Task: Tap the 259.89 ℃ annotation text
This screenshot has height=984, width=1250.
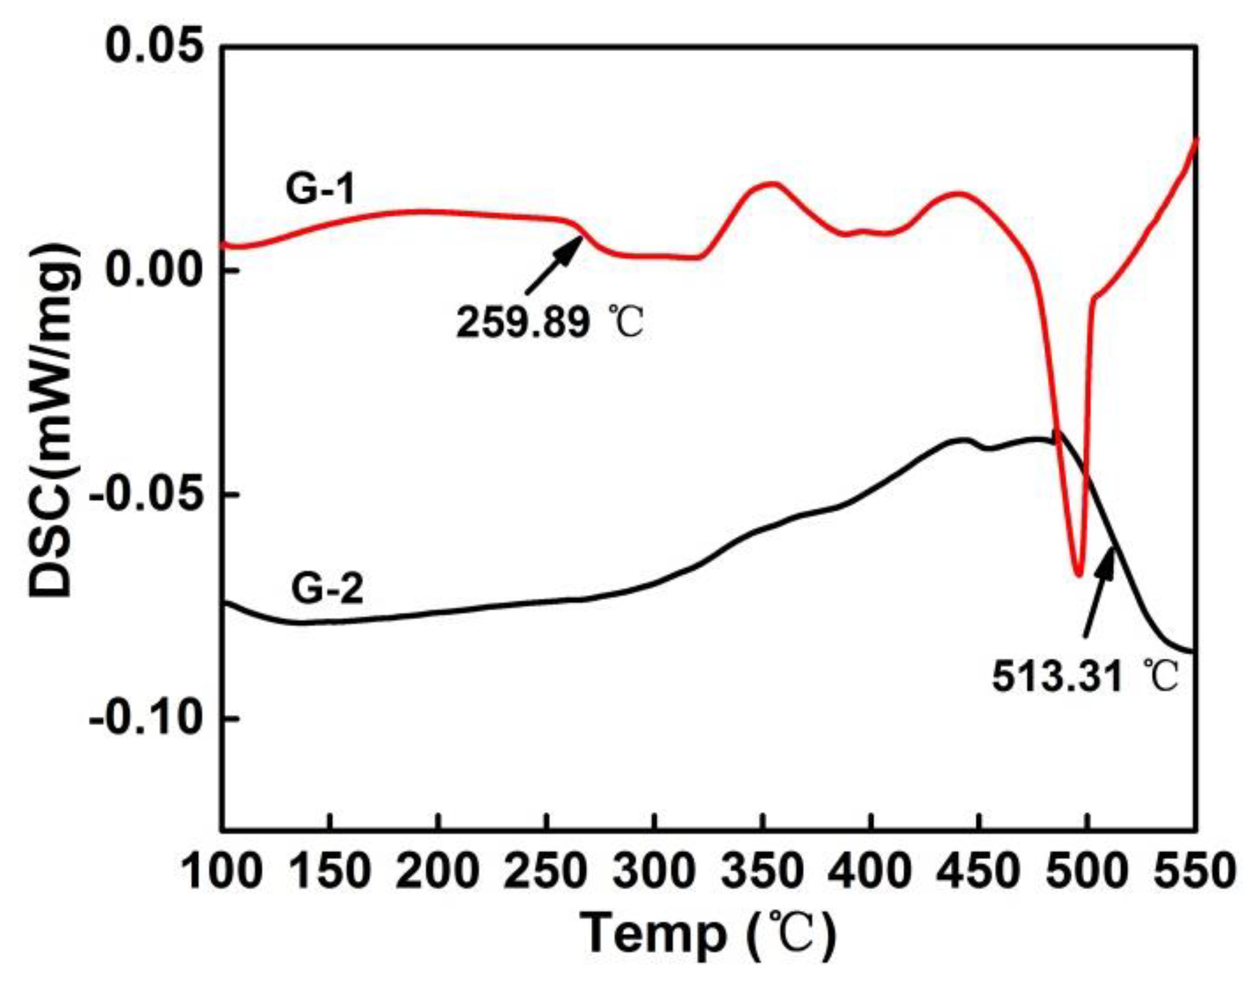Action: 550,322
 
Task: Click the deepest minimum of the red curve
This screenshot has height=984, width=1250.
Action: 1078,573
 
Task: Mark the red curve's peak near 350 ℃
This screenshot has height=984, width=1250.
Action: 770,184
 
